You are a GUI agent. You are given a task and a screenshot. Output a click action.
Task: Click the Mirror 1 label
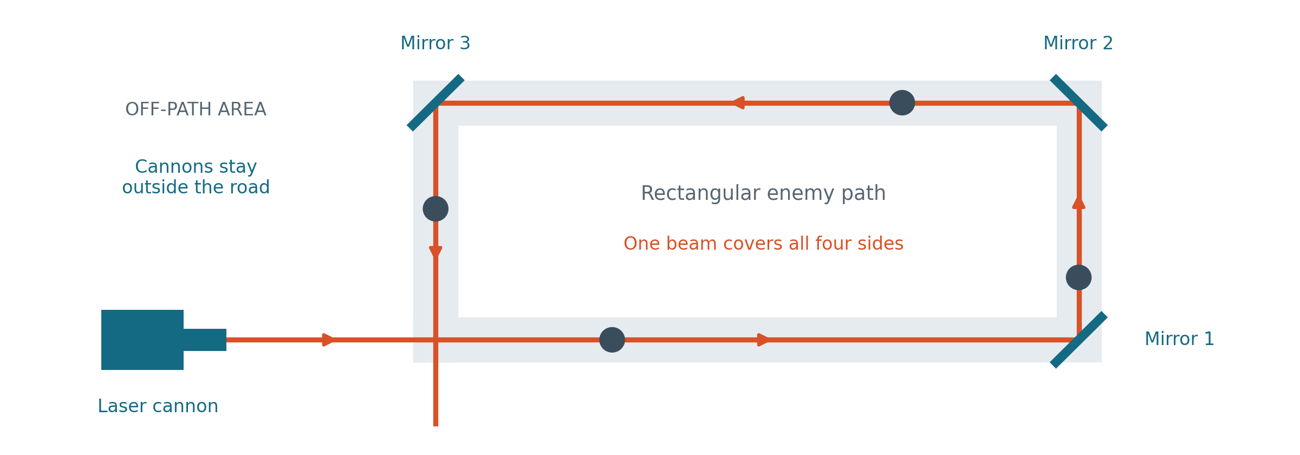tap(1179, 339)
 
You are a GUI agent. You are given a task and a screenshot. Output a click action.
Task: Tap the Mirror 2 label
tap(1078, 43)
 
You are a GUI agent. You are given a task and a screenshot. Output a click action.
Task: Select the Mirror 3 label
tap(435, 43)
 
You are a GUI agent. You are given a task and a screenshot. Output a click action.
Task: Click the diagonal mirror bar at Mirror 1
tap(1078, 340)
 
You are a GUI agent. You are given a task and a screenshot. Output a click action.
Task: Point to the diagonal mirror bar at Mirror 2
tap(1078, 103)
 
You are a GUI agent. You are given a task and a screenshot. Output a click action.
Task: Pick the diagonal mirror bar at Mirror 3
tap(435, 103)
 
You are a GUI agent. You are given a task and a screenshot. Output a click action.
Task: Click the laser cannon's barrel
tap(205, 340)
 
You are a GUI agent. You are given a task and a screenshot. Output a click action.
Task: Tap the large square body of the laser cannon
tap(142, 340)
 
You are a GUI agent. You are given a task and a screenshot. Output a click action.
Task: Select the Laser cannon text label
tap(158, 406)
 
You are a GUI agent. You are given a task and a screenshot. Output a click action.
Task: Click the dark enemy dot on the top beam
tap(902, 103)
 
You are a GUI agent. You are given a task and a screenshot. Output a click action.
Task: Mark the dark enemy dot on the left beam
tap(435, 209)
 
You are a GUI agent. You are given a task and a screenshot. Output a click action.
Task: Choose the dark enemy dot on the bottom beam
tap(612, 340)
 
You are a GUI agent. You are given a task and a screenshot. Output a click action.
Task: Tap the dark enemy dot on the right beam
tap(1078, 277)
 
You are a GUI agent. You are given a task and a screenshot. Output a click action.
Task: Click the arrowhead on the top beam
tap(738, 103)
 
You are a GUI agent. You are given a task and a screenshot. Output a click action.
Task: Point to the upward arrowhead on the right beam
tap(1078, 202)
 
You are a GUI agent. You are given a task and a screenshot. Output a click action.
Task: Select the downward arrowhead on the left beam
tap(435, 252)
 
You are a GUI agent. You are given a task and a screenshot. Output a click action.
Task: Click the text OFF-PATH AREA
tap(196, 109)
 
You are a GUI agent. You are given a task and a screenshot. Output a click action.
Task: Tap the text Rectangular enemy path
tap(763, 193)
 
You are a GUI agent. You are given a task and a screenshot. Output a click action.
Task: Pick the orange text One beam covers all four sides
tap(763, 244)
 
